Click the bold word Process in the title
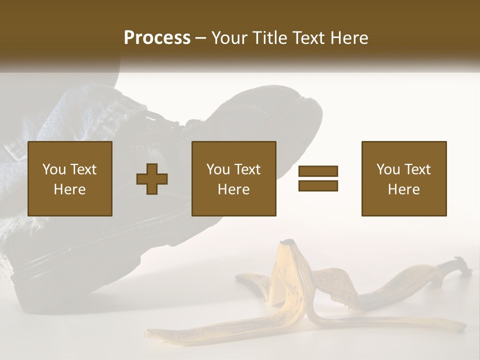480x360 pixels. point(157,38)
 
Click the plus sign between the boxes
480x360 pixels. point(152,178)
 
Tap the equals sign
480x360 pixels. point(318,178)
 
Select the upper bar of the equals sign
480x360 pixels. point(318,171)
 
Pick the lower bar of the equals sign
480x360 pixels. point(318,185)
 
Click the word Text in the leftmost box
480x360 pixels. point(83,169)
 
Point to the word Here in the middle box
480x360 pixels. point(234,189)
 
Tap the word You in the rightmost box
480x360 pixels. point(388,169)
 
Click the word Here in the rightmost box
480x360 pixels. point(404,189)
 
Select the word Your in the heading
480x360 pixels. point(229,38)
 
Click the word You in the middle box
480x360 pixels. point(218,169)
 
